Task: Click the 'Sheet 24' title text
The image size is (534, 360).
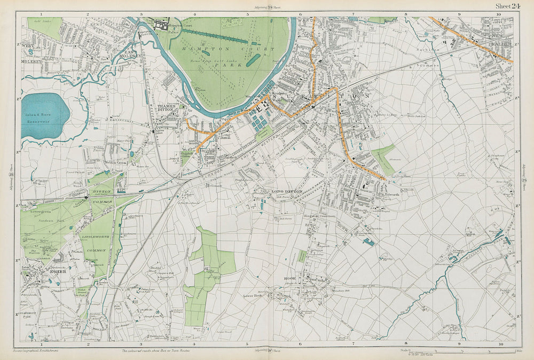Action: click(508, 6)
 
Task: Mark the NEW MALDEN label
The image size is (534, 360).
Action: click(502, 39)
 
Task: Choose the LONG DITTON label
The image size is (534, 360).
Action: click(287, 192)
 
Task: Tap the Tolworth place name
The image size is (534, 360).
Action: click(392, 194)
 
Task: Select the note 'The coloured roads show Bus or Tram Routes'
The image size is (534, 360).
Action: click(161, 351)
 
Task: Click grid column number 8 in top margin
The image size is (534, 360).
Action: click(406, 14)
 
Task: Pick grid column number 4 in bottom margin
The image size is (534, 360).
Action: click(194, 345)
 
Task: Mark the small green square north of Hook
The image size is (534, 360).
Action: click(302, 256)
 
